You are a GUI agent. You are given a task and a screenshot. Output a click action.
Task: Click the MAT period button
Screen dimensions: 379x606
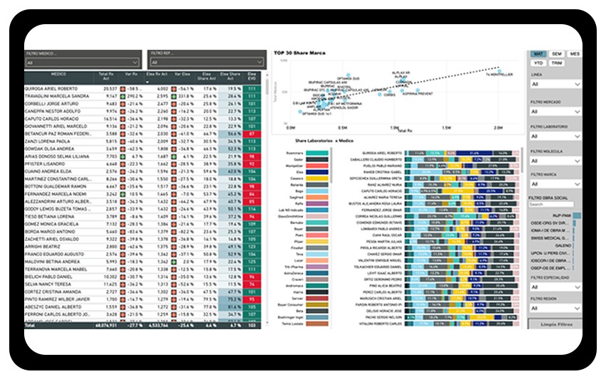pyautogui.click(x=538, y=54)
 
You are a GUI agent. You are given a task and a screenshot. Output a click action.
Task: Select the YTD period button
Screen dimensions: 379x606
pyautogui.click(x=538, y=63)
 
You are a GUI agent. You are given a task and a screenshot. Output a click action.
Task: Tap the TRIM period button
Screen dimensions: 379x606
pyautogui.click(x=557, y=63)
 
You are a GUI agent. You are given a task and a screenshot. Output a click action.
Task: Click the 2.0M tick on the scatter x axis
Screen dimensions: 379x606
pyautogui.click(x=497, y=129)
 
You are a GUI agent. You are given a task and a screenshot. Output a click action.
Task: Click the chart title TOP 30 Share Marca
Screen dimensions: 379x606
pyautogui.click(x=299, y=53)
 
